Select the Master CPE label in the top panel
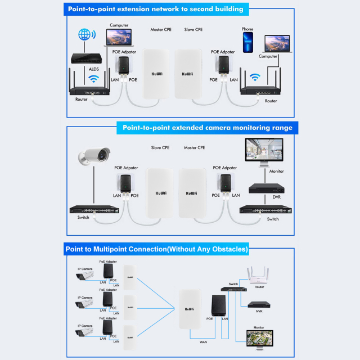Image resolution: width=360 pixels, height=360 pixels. (x=161, y=29)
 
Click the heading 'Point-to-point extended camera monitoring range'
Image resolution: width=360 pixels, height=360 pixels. (x=208, y=128)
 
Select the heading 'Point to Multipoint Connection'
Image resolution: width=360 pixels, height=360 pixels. (x=157, y=248)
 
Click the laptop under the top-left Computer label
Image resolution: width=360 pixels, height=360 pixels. (x=119, y=39)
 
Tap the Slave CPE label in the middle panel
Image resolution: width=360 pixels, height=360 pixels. (x=160, y=148)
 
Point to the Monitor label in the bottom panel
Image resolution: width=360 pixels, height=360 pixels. (x=259, y=327)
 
